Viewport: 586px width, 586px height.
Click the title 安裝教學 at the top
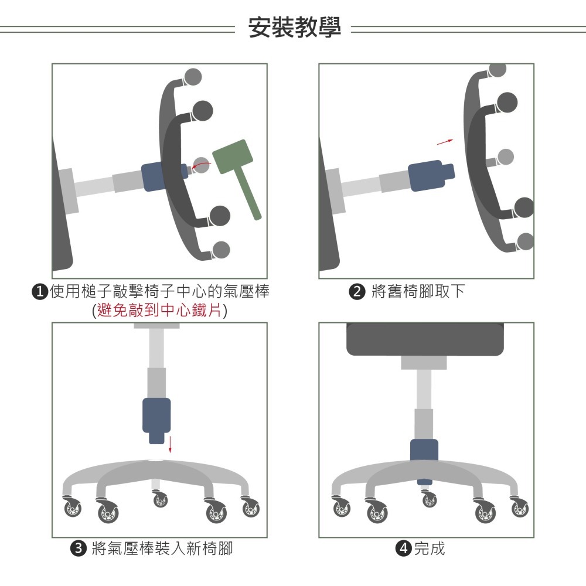tap(294, 28)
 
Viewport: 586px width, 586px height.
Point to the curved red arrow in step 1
tap(201, 167)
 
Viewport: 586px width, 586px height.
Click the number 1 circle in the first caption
tap(40, 291)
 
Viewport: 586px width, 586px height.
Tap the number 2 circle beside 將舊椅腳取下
tap(357, 291)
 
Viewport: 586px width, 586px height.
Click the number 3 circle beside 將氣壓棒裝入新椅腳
tap(77, 549)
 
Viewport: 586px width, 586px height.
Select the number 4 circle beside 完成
tap(403, 549)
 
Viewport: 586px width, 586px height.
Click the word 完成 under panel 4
tap(429, 549)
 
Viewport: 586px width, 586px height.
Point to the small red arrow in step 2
tap(446, 141)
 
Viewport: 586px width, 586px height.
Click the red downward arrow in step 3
tap(170, 444)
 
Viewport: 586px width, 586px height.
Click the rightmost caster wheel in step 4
tap(519, 507)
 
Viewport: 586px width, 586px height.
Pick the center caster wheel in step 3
tap(160, 500)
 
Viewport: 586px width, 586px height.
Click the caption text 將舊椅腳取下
tap(418, 291)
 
